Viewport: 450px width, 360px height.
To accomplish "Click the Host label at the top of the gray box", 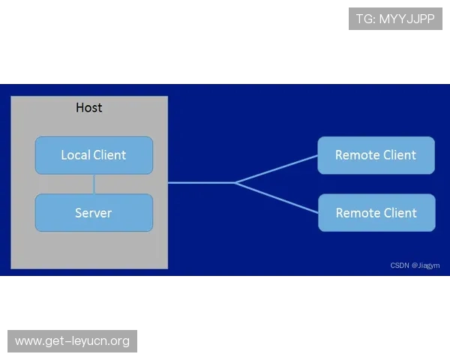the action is pyautogui.click(x=89, y=108).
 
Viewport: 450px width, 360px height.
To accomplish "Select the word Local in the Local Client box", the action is pyautogui.click(x=76, y=155).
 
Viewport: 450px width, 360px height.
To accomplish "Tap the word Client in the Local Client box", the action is pyautogui.click(x=109, y=155).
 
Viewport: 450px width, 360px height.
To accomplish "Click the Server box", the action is pyautogui.click(x=94, y=213).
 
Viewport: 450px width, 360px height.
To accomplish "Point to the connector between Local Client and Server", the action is pyautogui.click(x=94, y=184).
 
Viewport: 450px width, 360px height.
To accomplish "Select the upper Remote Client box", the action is pyautogui.click(x=376, y=155).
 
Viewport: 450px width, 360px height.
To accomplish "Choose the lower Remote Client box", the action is pyautogui.click(x=376, y=213).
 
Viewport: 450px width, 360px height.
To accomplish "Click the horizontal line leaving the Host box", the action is pyautogui.click(x=202, y=182).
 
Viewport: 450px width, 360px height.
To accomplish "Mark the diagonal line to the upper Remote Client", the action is pyautogui.click(x=277, y=169).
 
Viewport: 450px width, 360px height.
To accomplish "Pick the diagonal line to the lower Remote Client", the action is pyautogui.click(x=277, y=198).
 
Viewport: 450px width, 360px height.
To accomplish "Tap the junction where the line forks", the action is pyautogui.click(x=235, y=182).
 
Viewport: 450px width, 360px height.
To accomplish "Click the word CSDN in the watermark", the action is pyautogui.click(x=400, y=265).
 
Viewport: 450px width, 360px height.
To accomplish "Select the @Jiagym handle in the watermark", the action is pyautogui.click(x=425, y=265).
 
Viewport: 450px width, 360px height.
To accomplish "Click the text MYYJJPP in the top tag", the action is pyautogui.click(x=407, y=19).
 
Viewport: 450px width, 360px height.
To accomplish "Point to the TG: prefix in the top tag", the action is pyautogui.click(x=366, y=19).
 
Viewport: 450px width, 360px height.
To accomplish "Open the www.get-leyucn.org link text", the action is pyautogui.click(x=72, y=341).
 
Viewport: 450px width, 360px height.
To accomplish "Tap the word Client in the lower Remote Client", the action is pyautogui.click(x=400, y=213).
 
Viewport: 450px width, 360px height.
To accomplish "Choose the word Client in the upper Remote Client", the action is pyautogui.click(x=400, y=155).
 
